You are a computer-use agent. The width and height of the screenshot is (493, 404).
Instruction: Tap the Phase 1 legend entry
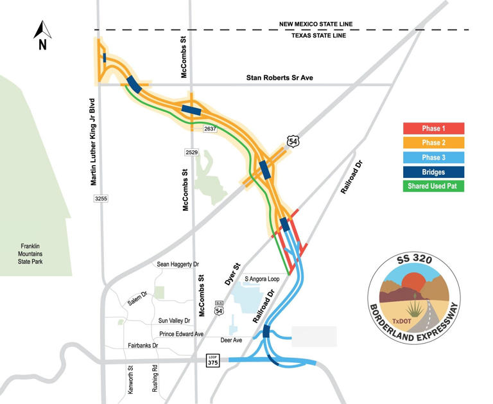tap(433, 129)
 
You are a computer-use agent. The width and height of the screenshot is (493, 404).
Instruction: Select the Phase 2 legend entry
tap(433, 143)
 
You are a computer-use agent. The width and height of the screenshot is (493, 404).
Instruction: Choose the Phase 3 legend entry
tap(433, 157)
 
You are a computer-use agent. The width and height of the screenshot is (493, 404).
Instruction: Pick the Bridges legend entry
tap(433, 171)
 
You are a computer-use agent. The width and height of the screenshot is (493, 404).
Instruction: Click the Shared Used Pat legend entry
tap(433, 186)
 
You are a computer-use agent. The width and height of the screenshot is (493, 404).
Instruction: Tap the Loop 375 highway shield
tap(213, 361)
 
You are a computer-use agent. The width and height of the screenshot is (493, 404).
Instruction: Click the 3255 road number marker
tap(99, 199)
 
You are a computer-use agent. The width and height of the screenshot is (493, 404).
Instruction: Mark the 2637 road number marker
tap(211, 129)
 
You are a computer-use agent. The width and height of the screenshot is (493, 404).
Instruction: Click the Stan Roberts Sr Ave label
tap(283, 78)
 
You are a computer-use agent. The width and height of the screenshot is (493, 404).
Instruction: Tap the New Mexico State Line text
tap(315, 24)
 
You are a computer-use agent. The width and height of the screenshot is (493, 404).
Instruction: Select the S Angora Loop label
tap(263, 279)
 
